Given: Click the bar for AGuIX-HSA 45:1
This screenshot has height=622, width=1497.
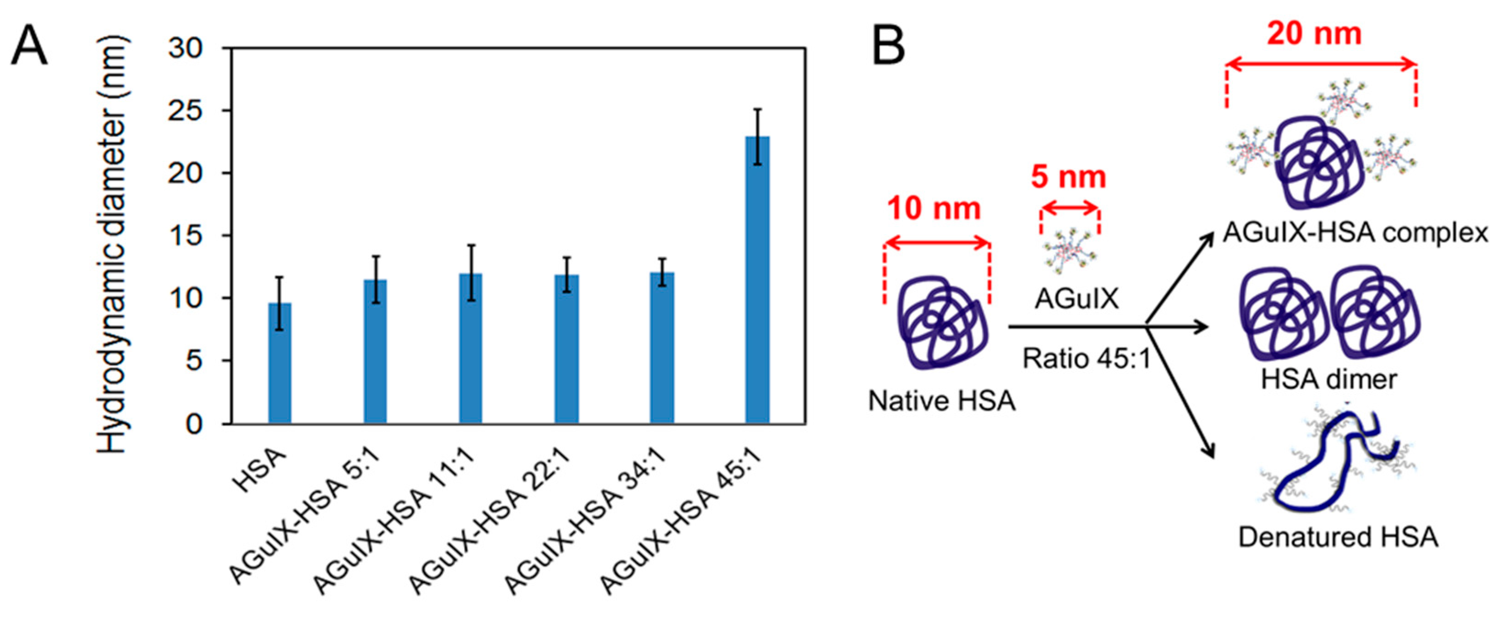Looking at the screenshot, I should pos(757,279).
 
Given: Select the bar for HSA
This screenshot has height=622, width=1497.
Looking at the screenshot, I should pos(279,363).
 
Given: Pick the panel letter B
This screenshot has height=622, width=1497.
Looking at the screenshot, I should pos(888,47).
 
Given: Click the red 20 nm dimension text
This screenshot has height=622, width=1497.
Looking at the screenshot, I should pos(1315,34).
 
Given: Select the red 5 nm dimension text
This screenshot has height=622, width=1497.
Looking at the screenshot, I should pos(1068,177).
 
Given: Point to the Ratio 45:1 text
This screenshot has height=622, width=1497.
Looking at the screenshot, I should pos(1087,359).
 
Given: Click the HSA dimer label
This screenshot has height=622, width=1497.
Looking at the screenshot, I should pos(1328,380).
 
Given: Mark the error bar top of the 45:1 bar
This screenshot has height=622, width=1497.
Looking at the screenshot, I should pos(757,109).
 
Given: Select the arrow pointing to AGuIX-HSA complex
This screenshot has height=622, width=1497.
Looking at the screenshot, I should pos(1180,279).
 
